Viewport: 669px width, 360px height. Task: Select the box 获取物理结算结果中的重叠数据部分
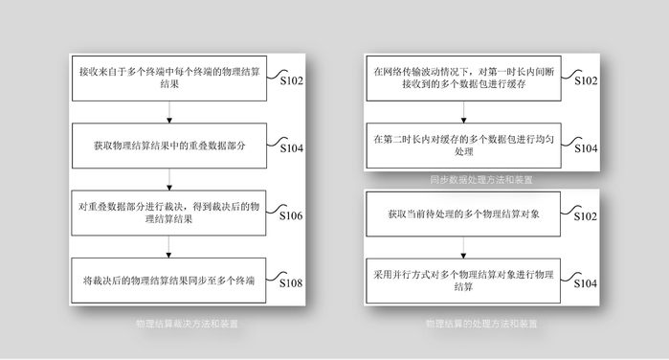pos(167,146)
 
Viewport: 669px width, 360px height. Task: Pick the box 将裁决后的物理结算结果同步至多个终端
pos(167,280)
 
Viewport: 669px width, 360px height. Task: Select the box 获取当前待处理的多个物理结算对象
pos(462,213)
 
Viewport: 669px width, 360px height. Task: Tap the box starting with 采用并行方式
pos(462,280)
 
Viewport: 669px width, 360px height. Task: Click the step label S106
pos(291,216)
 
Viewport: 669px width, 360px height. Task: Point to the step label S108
pos(291,283)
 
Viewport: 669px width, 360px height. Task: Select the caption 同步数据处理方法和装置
pos(481,179)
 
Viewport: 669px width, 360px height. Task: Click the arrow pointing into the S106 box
pos(168,180)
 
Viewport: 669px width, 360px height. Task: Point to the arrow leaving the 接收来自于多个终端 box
pos(168,113)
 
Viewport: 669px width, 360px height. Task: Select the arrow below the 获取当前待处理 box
pos(463,246)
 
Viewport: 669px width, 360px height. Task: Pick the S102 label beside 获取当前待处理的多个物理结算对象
pos(586,216)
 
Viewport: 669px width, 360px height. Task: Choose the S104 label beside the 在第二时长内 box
pos(586,149)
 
